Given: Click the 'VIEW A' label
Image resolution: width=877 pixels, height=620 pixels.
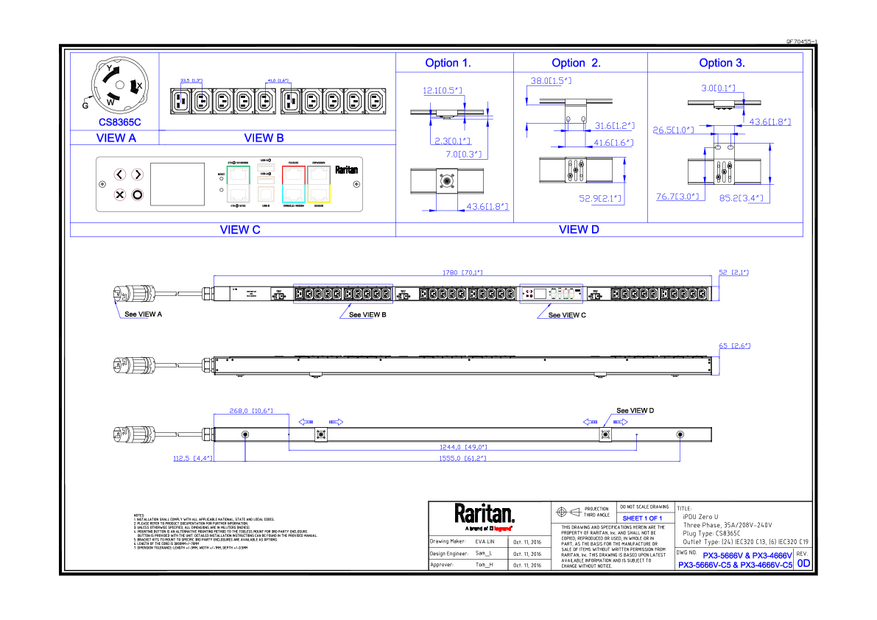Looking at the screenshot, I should coord(116,138).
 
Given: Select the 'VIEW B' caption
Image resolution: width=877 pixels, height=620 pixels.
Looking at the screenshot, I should coord(264,138).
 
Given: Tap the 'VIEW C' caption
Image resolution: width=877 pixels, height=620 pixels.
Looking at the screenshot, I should coord(240,230).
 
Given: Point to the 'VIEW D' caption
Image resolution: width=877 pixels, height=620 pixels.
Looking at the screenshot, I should coord(579,229).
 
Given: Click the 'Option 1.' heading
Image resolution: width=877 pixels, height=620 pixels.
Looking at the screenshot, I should coord(448,63).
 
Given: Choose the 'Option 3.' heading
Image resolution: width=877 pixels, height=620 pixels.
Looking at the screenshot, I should coord(722,63).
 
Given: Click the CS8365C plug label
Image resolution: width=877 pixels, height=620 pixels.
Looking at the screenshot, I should coord(119,122).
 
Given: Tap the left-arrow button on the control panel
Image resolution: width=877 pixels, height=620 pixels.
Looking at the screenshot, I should coord(120,175).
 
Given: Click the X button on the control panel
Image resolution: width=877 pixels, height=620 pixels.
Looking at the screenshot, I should coord(120,194).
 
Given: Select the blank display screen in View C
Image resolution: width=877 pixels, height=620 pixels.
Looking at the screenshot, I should coord(177,184).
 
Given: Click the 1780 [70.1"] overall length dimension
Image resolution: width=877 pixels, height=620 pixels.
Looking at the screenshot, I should coord(462,273).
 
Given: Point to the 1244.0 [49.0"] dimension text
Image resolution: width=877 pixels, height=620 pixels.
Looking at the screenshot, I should coord(462,446).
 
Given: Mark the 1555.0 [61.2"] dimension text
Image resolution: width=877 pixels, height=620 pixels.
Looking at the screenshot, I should coord(464,458).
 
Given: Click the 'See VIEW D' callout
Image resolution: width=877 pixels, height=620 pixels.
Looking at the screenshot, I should coord(635,410).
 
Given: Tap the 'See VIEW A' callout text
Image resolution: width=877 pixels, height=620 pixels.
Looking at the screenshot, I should coord(143,314).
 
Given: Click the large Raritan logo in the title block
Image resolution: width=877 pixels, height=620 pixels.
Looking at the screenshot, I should coord(484,512).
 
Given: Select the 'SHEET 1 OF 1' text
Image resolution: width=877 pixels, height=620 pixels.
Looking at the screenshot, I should coord(643,518).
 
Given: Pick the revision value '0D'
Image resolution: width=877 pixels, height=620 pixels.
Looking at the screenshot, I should coord(803,564).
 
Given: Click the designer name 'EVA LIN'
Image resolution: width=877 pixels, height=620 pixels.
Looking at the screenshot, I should coord(485,541).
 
